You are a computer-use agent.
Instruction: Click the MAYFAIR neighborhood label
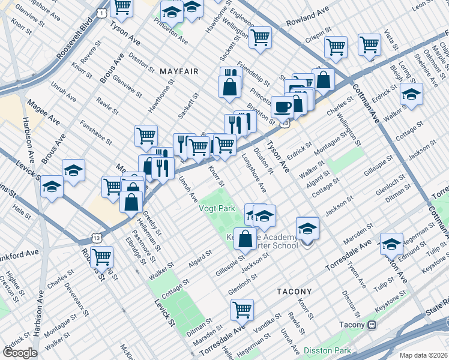click(179, 71)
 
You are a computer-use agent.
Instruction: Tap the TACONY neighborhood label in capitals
click(295, 291)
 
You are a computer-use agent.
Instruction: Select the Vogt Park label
click(217, 209)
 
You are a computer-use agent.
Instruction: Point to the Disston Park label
click(326, 350)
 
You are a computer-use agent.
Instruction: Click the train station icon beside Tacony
click(372, 325)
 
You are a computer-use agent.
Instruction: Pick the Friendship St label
click(253, 73)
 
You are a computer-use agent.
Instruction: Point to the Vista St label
click(391, 40)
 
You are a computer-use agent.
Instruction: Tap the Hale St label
click(22, 212)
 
